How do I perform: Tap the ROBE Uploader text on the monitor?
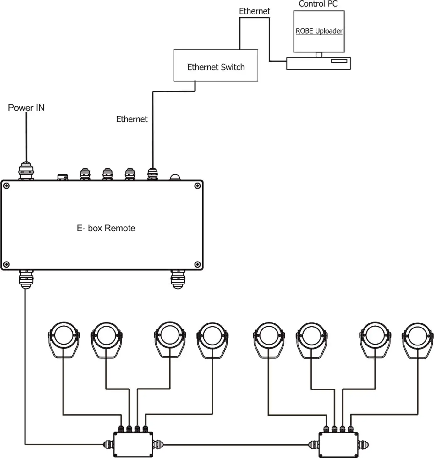click(x=319, y=31)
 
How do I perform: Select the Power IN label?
click(x=26, y=108)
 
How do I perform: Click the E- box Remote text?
click(x=106, y=228)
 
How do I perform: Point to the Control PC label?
click(x=318, y=4)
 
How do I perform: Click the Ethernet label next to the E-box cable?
click(x=132, y=119)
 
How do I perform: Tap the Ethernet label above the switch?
click(x=255, y=11)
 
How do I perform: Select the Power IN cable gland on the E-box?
click(x=26, y=171)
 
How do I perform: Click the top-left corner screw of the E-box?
click(x=6, y=186)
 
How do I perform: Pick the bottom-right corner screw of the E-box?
click(x=197, y=264)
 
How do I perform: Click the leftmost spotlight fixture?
click(x=64, y=338)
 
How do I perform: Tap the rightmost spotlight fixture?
click(x=417, y=338)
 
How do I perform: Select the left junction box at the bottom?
click(x=133, y=444)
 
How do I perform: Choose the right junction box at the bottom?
click(x=338, y=444)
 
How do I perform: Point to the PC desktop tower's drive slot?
click(x=339, y=61)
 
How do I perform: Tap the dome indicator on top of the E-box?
click(x=175, y=177)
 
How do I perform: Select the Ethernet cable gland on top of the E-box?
click(x=152, y=174)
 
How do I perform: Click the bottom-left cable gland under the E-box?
click(x=26, y=279)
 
